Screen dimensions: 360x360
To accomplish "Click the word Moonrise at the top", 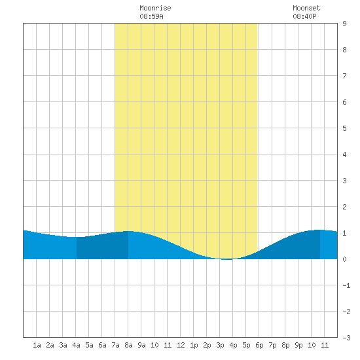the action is coord(155,8).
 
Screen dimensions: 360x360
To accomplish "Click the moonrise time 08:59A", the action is coord(151,16).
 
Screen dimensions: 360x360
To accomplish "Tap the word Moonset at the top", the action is coord(306,8).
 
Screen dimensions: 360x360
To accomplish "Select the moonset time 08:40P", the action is coord(304,16).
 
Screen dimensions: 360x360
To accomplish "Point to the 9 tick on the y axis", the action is coord(344,24).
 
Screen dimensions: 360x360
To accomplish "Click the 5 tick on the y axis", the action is coord(344,128).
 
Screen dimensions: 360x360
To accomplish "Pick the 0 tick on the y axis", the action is coord(344,259).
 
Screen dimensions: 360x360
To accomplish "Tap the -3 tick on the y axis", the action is coord(346,338).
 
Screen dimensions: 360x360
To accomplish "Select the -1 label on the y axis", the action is coord(346,285).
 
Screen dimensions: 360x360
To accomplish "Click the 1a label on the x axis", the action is coord(37,345).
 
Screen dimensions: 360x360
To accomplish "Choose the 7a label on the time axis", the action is coord(115,345).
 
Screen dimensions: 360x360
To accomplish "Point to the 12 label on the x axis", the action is coord(181,345).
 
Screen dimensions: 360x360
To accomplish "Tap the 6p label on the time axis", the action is coord(259,345).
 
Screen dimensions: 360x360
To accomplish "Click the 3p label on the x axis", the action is coord(220,345).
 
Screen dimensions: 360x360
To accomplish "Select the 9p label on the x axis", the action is coord(298,345).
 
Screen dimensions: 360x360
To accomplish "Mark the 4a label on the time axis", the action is coord(76,345).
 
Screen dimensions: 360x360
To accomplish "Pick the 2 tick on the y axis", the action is coord(344,207).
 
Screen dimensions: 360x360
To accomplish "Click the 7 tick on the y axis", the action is coord(344,76).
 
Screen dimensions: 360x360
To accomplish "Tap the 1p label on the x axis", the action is coord(194,345).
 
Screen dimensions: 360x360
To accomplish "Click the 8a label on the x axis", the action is coord(128,345).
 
